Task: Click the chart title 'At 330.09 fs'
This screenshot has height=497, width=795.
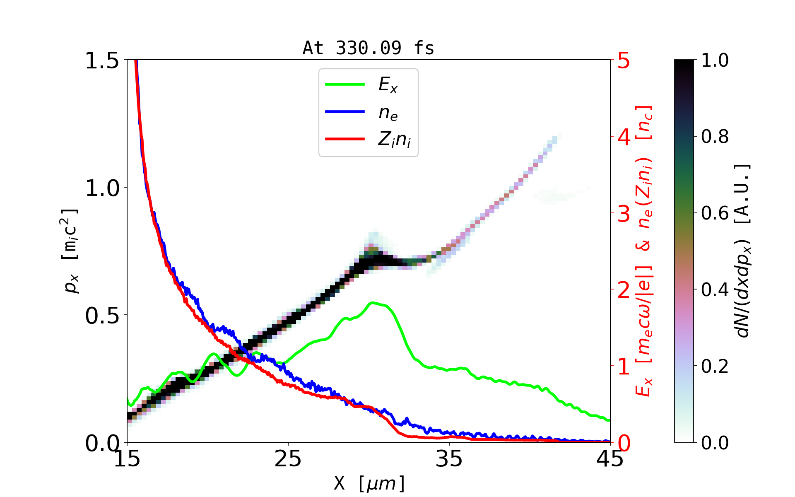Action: pos(368,48)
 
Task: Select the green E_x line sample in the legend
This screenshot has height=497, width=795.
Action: pos(344,84)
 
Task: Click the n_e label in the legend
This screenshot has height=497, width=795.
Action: pos(388,113)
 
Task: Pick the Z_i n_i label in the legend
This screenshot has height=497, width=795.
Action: pos(394,140)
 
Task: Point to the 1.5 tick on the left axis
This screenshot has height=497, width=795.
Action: pos(101,61)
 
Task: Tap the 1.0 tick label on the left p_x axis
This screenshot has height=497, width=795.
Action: pos(101,188)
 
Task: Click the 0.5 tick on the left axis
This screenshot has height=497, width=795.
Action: pos(101,316)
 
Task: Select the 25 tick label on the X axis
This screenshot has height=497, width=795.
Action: pos(288,459)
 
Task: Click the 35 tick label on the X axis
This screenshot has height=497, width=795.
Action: pos(449,459)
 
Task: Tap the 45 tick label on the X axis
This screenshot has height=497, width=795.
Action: pos(610,459)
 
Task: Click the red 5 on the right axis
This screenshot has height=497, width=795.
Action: pos(624,61)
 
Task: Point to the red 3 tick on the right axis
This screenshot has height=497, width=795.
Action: pos(624,214)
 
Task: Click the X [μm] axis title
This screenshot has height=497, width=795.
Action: pos(369,483)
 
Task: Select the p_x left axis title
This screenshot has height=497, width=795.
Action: pos(70,251)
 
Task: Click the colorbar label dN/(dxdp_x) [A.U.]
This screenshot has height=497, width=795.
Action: pos(743,251)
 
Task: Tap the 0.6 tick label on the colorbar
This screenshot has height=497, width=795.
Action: pos(715,213)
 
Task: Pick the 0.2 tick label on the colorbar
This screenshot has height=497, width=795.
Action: pos(715,366)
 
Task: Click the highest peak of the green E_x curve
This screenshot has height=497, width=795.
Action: pos(373,303)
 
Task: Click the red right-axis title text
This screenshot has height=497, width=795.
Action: pos(644,251)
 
